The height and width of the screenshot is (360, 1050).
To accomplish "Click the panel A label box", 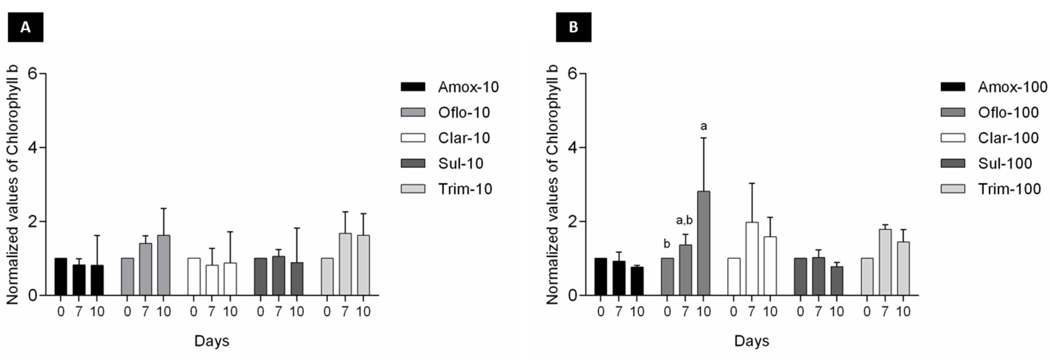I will point(25,27).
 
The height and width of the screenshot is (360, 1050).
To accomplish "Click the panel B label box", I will point(573,27).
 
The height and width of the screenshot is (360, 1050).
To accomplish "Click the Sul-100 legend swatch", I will point(953,163).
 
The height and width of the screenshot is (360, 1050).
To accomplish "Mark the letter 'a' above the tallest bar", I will point(704,126).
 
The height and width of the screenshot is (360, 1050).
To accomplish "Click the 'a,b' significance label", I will point(684,221).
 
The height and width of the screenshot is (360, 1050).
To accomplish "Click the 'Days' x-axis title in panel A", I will point(212,341).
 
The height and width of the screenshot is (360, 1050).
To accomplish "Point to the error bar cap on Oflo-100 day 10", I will point(704,138).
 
